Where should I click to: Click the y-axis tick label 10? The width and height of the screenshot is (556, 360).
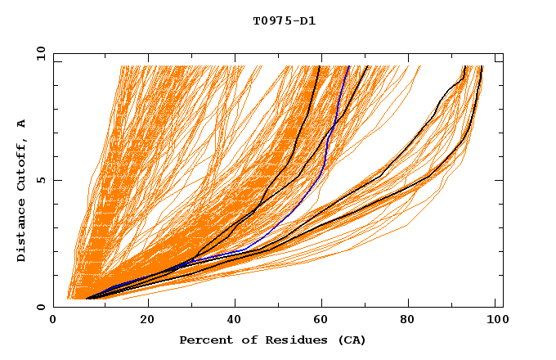[40, 53]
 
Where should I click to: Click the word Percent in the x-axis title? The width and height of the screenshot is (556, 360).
[203, 340]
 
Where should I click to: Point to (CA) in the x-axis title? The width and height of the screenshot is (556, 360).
[352, 340]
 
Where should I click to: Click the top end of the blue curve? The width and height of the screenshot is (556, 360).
[348, 66]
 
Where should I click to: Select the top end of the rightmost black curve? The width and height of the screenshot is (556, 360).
[482, 66]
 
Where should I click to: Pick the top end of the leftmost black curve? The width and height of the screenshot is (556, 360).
[318, 66]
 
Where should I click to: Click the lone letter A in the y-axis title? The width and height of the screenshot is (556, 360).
[21, 124]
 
